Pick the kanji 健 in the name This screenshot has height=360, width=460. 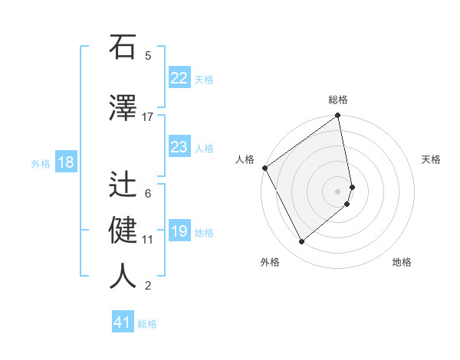123,228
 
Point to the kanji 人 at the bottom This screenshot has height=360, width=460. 123,276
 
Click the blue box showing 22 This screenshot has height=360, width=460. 179,78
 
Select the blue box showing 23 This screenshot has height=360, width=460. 179,147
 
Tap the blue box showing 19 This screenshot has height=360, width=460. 179,231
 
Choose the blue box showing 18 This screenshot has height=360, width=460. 65,162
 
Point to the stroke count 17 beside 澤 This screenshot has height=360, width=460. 147,117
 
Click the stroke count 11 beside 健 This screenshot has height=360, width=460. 147,240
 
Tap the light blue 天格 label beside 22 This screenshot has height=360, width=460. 204,80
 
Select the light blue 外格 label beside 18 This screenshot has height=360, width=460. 40,164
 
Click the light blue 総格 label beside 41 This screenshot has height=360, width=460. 147,324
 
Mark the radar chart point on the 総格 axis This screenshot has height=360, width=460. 338,116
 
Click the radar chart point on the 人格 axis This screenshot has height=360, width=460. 264,168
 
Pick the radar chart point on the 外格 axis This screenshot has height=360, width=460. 301,242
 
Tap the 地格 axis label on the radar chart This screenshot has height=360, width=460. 402,263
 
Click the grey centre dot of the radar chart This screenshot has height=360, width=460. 338,191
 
